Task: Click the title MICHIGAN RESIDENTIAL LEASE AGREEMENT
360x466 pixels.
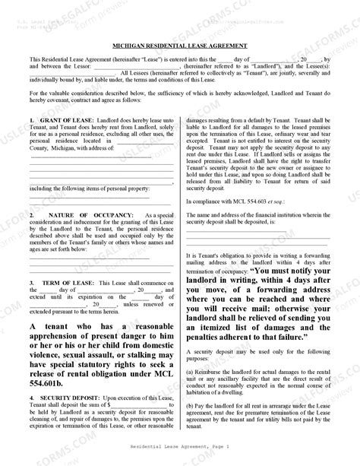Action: point(180,45)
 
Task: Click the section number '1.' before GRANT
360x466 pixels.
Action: point(31,122)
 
